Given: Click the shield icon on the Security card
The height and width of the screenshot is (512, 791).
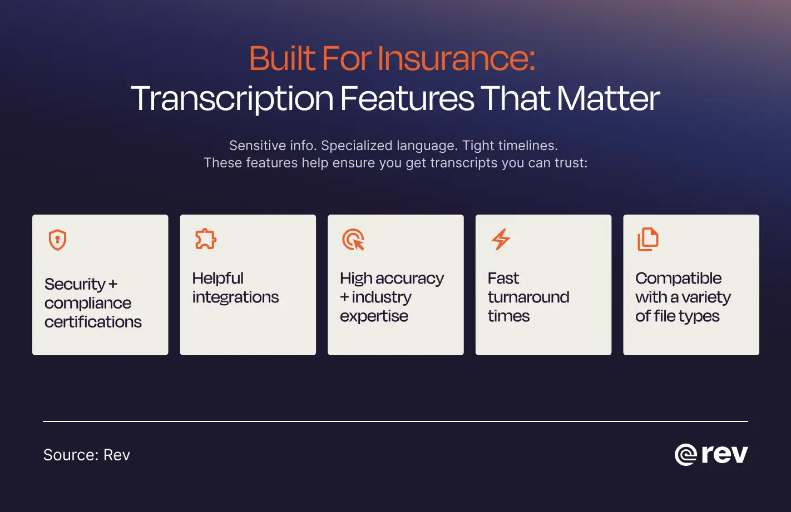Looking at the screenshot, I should click(58, 240).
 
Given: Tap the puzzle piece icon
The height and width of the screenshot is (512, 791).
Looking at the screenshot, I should click(205, 239).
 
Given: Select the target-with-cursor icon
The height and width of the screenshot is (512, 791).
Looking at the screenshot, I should click(353, 239).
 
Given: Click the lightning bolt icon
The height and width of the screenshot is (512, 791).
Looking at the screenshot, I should click(501, 239).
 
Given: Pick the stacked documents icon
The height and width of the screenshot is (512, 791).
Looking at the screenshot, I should click(648, 239).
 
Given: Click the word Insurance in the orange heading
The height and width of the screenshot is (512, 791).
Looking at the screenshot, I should click(456, 58).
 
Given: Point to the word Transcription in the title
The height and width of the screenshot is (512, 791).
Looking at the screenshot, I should click(232, 99).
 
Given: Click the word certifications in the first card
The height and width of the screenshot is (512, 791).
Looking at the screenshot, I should click(93, 322).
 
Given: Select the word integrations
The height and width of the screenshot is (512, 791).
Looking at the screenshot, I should click(235, 297).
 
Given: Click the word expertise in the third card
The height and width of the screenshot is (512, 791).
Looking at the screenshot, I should click(374, 316).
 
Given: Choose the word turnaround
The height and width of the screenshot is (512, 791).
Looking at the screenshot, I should click(528, 297).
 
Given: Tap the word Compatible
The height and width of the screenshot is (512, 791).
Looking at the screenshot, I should click(678, 279).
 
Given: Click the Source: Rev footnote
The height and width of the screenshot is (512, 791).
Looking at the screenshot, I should click(87, 455).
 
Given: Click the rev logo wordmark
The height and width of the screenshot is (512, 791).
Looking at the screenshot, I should click(724, 454).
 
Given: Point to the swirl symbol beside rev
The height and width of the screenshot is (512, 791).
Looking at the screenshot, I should click(685, 455).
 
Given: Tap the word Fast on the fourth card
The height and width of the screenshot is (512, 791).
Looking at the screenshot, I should click(503, 279).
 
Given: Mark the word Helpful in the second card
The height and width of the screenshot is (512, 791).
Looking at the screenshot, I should click(217, 279).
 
